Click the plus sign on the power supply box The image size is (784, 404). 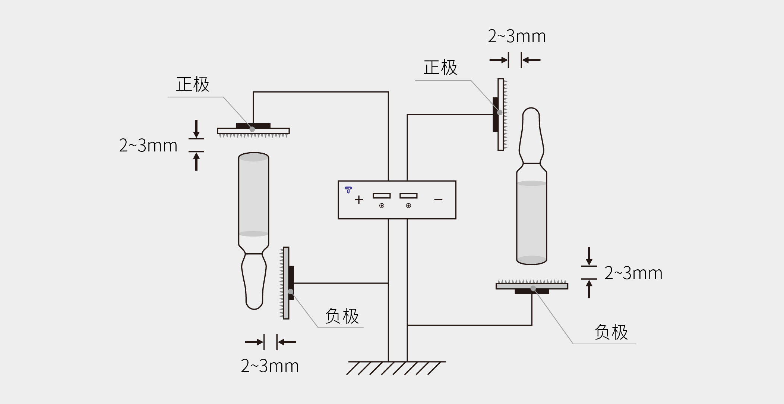(359, 200)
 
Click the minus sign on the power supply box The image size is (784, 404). (438, 200)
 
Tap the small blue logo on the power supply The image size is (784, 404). (348, 190)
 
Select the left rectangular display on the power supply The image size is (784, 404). (382, 195)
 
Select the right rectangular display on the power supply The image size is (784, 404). (408, 195)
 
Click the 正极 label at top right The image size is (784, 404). (440, 68)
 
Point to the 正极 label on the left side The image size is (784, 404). (193, 84)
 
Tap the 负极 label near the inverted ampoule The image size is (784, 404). (342, 316)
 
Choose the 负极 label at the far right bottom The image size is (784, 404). (611, 332)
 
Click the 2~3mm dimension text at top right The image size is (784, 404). (517, 37)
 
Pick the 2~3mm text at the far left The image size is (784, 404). (148, 145)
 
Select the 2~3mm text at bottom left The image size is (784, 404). (270, 366)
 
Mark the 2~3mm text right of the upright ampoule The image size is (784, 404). (633, 273)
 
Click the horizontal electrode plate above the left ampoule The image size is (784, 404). (253, 131)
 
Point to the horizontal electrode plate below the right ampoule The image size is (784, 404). (532, 286)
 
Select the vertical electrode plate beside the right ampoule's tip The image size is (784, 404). (501, 115)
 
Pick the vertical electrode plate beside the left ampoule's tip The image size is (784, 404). (286, 283)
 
